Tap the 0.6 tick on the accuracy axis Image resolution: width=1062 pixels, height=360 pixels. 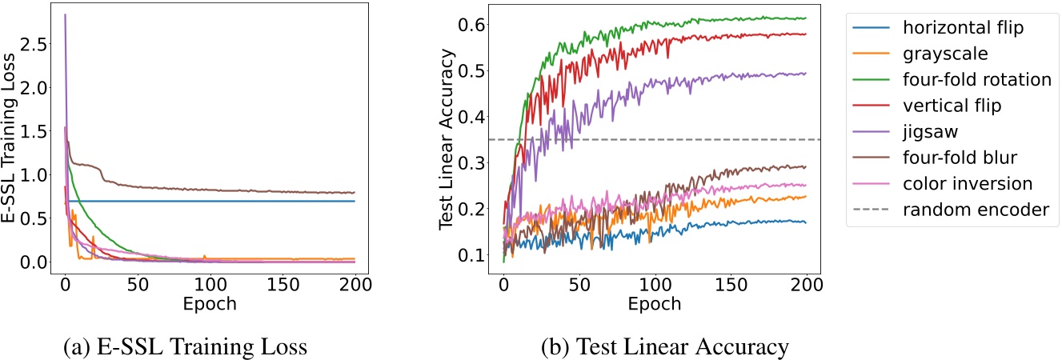point(473,25)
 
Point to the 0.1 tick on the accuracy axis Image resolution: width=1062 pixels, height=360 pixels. point(473,255)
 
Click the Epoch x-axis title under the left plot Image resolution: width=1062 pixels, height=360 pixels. point(210,305)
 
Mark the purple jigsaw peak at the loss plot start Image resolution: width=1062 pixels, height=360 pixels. point(65,15)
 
